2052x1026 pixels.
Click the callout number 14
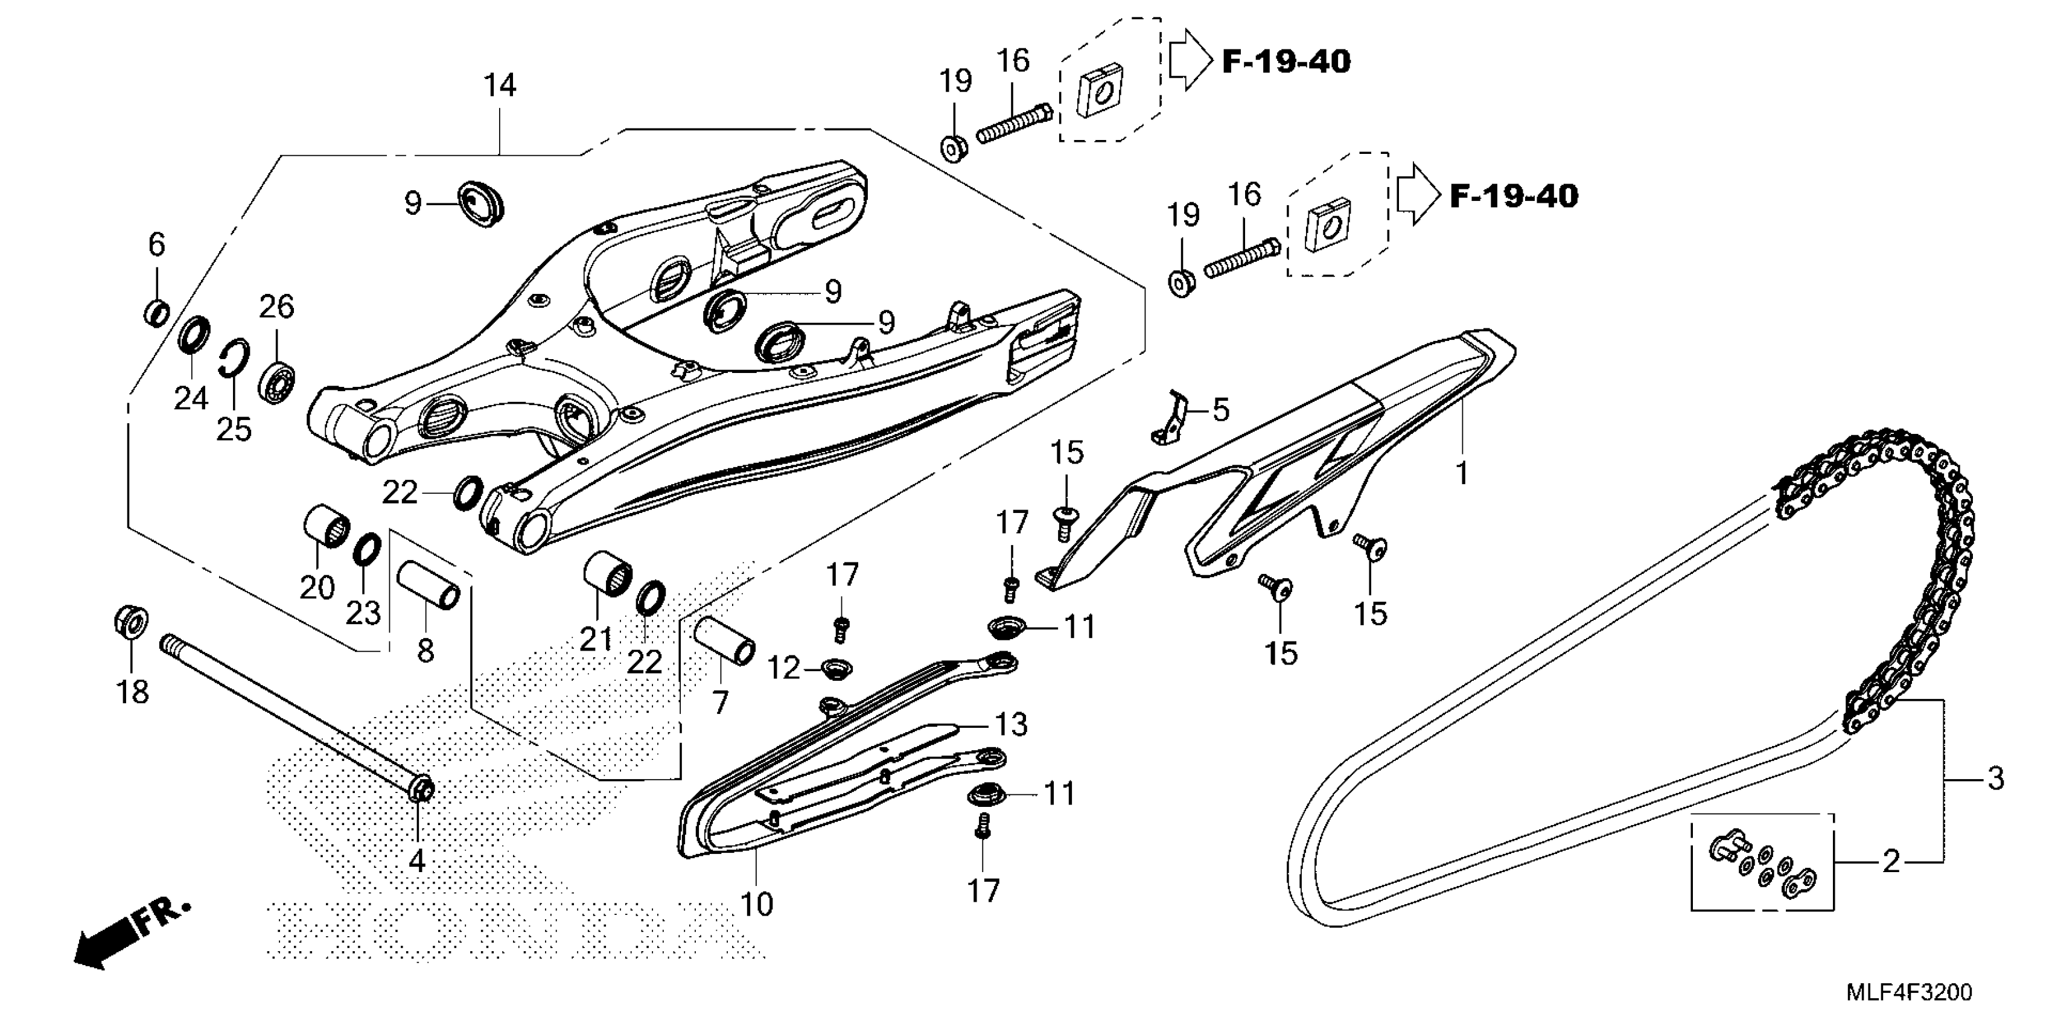click(x=500, y=85)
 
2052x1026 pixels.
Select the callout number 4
click(x=416, y=860)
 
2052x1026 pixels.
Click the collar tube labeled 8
click(x=429, y=585)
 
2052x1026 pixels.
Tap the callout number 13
click(x=1010, y=725)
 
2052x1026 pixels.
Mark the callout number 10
click(x=756, y=903)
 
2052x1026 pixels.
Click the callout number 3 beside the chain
click(x=1995, y=779)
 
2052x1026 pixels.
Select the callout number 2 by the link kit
click(x=1891, y=861)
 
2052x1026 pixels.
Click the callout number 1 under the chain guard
click(x=1462, y=473)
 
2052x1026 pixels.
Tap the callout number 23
click(x=363, y=613)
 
